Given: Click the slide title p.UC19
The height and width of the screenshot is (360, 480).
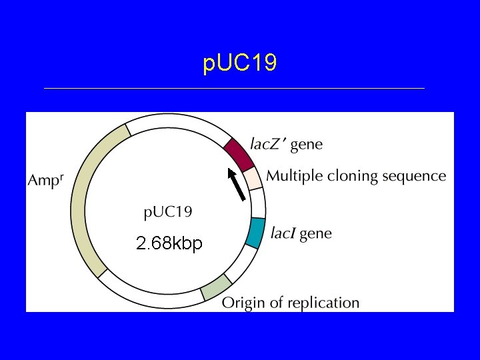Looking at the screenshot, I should click(239, 63).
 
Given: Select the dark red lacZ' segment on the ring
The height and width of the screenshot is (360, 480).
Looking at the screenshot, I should click(239, 153).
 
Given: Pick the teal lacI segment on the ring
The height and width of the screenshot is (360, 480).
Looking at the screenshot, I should click(255, 232).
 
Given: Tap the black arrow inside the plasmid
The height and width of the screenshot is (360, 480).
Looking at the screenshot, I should click(237, 184).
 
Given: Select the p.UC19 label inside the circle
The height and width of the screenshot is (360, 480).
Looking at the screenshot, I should click(169, 213).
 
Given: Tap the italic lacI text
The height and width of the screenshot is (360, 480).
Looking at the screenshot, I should click(283, 233).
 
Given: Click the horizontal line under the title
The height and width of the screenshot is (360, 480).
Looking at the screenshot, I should click(233, 88).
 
